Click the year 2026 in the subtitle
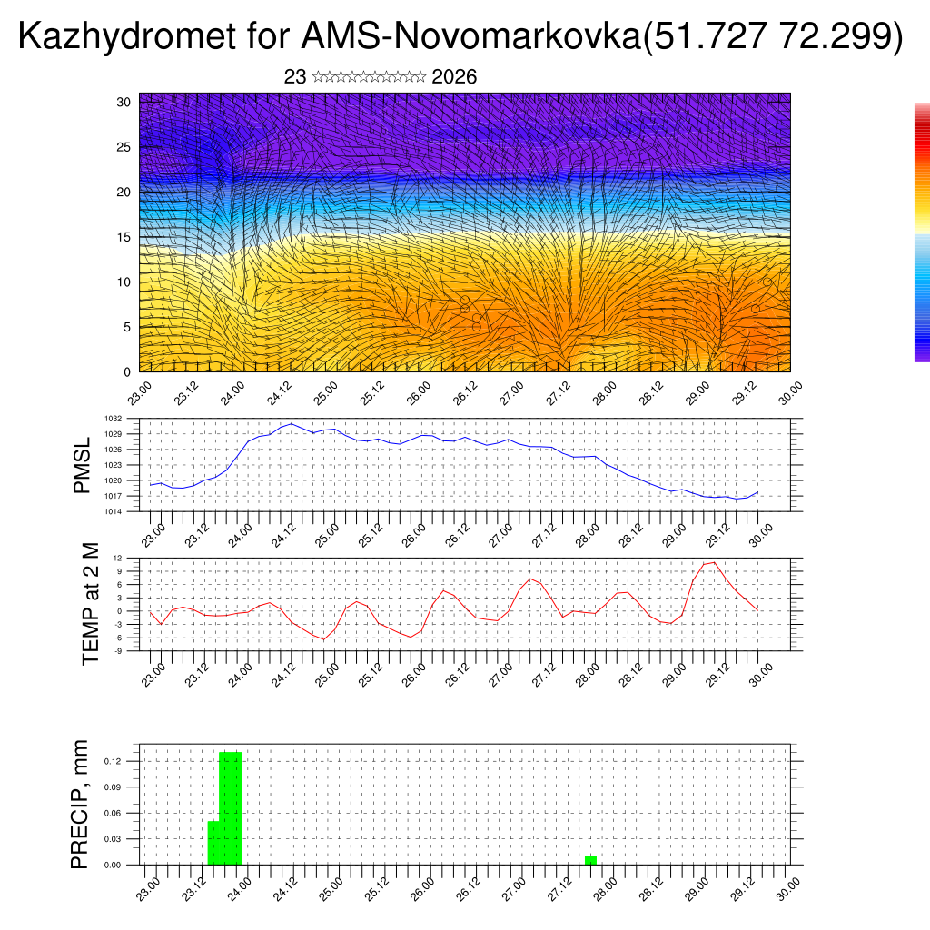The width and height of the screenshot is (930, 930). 454,77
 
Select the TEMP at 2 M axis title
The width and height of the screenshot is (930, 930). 90,603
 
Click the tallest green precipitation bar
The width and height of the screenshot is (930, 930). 231,808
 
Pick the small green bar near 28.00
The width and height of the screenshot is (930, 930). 590,859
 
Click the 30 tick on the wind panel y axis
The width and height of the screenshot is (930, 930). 124,102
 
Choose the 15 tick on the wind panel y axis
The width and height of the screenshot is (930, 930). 124,237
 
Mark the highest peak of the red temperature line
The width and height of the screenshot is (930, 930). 715,562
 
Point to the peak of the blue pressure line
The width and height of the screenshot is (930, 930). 291,423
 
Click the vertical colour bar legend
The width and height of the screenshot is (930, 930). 922,232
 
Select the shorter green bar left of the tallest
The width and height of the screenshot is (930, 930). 213,843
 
